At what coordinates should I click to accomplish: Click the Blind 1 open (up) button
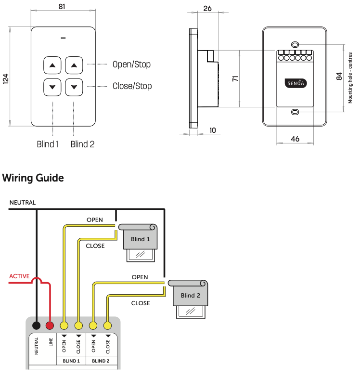click(x=52, y=65)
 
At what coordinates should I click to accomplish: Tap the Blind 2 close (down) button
click(x=74, y=87)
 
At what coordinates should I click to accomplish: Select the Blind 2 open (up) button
click(x=74, y=65)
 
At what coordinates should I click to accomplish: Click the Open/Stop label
click(x=131, y=65)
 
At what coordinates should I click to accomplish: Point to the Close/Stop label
click(x=132, y=86)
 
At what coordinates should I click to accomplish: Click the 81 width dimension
click(x=62, y=7)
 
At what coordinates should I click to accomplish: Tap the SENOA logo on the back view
click(x=295, y=82)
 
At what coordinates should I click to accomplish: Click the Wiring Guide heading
click(x=33, y=178)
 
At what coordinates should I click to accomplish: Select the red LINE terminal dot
click(x=50, y=326)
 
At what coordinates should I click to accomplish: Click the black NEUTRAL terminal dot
click(x=36, y=326)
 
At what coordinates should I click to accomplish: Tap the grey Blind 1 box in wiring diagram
click(x=141, y=239)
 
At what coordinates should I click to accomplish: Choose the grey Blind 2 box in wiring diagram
click(x=191, y=295)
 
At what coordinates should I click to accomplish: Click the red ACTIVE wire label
click(x=20, y=276)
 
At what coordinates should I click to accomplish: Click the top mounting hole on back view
click(x=295, y=42)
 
